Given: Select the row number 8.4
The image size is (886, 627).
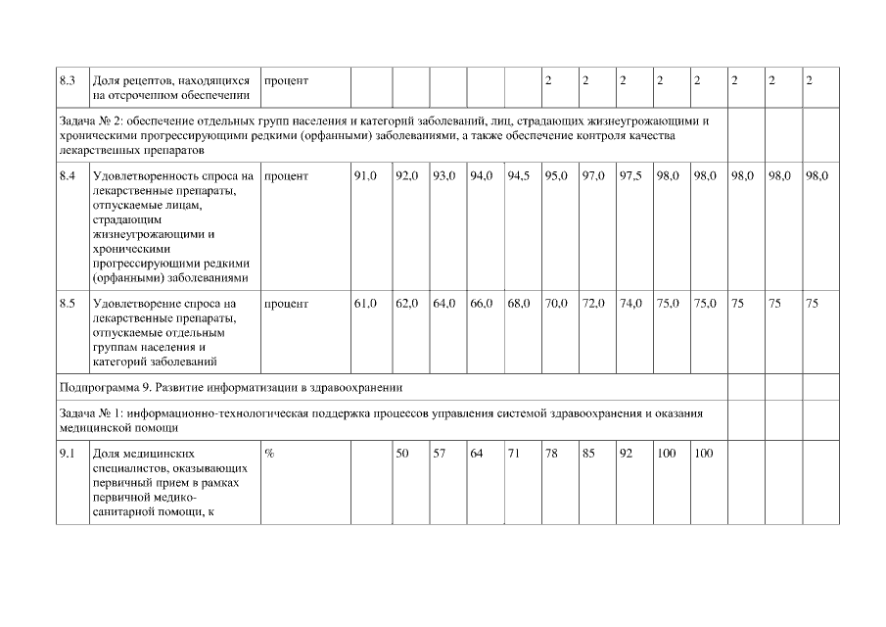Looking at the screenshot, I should click(69, 176).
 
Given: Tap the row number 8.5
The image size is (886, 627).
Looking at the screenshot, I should click(69, 304).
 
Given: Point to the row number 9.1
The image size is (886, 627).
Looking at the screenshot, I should click(69, 455).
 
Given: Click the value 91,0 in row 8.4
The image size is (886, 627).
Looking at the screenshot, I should click(365, 176).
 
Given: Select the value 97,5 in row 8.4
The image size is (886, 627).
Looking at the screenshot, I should click(630, 176).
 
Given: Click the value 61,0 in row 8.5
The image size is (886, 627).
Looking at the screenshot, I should click(365, 304).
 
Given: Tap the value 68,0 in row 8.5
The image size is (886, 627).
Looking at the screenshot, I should click(519, 304).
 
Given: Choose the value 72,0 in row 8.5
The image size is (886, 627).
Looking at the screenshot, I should click(593, 304).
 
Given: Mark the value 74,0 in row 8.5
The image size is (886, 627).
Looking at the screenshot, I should click(630, 304).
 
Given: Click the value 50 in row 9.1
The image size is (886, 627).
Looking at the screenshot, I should click(401, 455).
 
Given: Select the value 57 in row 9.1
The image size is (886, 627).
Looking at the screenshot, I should click(439, 455).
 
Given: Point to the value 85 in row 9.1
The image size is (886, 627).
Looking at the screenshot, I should click(588, 455).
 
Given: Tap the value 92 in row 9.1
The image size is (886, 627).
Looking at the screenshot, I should click(626, 455).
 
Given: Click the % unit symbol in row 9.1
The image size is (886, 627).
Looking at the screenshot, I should click(269, 455).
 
